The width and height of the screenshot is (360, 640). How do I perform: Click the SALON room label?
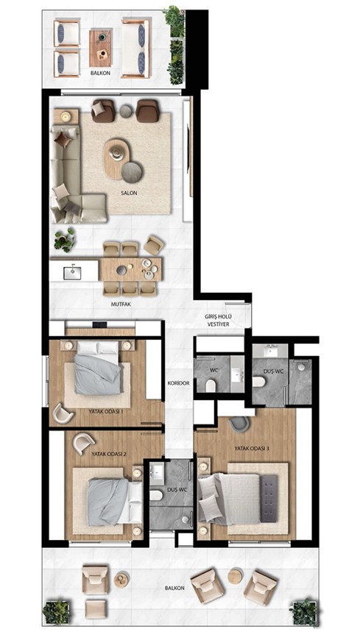pyautogui.click(x=128, y=193)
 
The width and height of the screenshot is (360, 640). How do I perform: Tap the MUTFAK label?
pyautogui.click(x=121, y=304)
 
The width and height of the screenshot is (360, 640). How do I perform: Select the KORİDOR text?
pyautogui.click(x=179, y=383)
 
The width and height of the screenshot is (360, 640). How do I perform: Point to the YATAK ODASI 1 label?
pyautogui.click(x=106, y=411)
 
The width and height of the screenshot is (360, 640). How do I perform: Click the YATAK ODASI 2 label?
pyautogui.click(x=108, y=453)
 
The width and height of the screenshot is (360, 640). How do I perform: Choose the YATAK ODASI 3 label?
pyautogui.click(x=252, y=448)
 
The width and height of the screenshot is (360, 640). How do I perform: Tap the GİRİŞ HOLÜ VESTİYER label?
pyautogui.click(x=218, y=320)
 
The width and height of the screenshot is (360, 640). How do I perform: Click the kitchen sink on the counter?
pyautogui.click(x=72, y=273)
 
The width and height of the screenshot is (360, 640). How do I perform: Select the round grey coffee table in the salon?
pyautogui.click(x=132, y=171)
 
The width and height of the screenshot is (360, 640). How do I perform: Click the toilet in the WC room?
pyautogui.click(x=211, y=385)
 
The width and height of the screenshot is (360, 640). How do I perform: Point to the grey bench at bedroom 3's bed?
pyautogui.click(x=269, y=498)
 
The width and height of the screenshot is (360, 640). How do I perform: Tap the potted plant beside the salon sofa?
pyautogui.click(x=65, y=240)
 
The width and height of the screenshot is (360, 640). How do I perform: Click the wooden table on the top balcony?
pyautogui.click(x=101, y=48)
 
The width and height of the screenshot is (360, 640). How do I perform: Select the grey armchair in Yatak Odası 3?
pyautogui.click(x=239, y=424)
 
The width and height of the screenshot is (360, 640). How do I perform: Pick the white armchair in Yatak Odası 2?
pyautogui.click(x=83, y=443)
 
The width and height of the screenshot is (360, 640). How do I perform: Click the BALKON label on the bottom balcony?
pyautogui.click(x=174, y=589)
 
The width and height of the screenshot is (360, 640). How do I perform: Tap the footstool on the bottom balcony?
pyautogui.click(x=96, y=609)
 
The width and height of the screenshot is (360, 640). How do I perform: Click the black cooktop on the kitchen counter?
pyautogui.click(x=100, y=325)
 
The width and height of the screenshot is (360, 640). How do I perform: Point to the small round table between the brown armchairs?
pyautogui.click(x=126, y=111)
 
